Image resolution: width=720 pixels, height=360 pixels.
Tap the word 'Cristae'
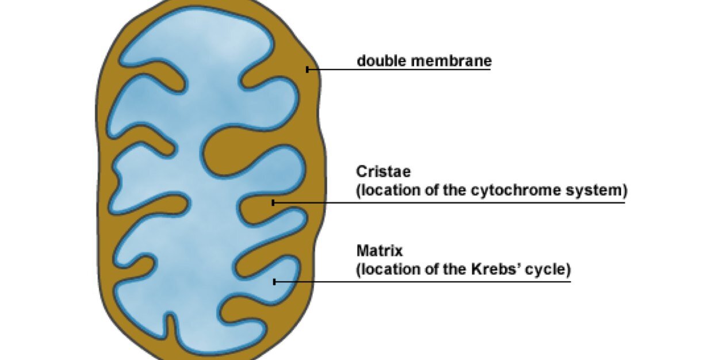click(384, 171)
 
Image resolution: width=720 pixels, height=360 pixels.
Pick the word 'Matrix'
click(380, 251)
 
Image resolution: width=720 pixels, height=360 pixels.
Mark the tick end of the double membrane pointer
click(308, 70)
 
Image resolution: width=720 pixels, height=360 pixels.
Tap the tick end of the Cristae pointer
click(273, 203)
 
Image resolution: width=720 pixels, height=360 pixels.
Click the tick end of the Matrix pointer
click(274, 282)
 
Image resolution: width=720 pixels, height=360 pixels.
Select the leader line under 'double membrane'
click(399, 70)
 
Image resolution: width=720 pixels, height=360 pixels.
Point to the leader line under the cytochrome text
click(449, 203)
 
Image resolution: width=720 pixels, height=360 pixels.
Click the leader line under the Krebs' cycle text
click(422, 282)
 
